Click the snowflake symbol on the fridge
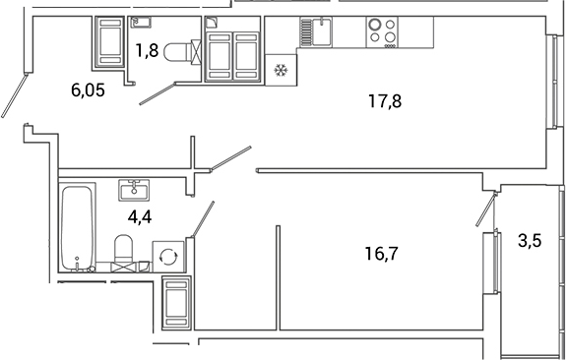280,71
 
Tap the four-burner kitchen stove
382,31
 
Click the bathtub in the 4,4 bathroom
76,227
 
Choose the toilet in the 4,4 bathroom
124,251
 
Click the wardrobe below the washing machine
175,301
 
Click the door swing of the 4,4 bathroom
204,215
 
